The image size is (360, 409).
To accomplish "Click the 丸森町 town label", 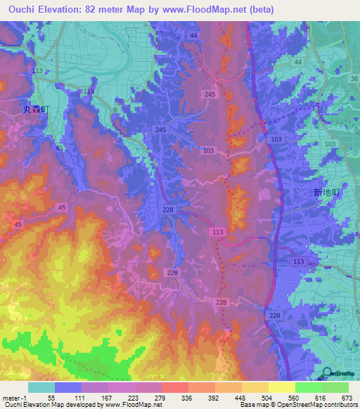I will point(33,110).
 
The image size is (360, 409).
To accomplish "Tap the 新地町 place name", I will point(326,192).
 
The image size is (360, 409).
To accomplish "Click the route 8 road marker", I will point(115,110).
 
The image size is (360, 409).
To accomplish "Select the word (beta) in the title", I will point(258,10).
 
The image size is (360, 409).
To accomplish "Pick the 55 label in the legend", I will point(52,398).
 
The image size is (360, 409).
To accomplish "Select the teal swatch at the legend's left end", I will point(41,387).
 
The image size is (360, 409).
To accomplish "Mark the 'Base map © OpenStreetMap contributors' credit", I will point(296,405).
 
